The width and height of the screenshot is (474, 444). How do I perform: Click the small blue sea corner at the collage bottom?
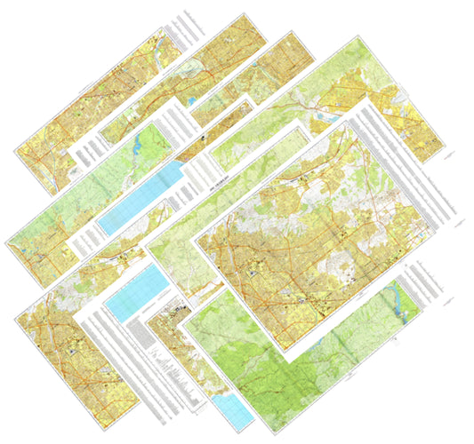pos(233,408)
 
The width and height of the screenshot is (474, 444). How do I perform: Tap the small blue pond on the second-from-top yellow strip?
pos(195,100)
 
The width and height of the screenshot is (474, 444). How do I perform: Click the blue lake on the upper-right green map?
pos(324,114)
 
